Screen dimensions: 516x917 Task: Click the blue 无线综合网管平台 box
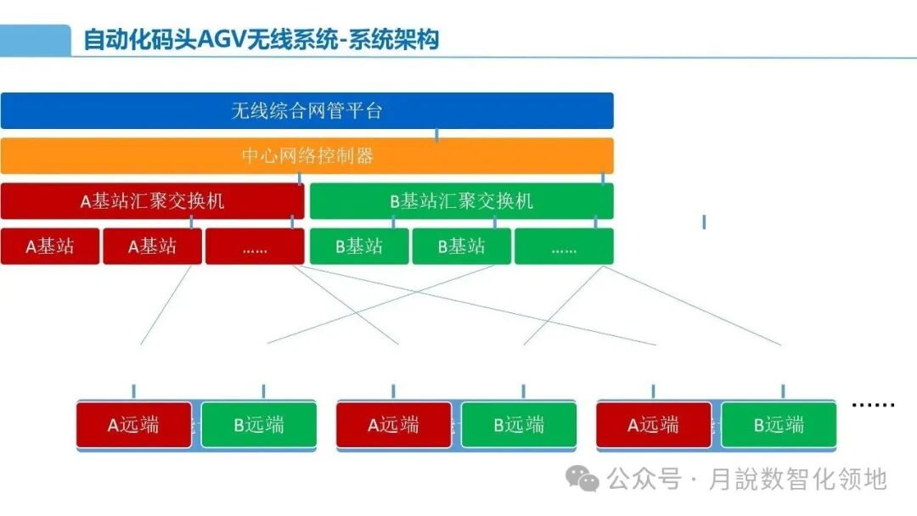click(307, 110)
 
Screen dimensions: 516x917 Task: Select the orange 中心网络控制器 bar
click(307, 156)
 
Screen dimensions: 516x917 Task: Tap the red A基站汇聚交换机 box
click(152, 201)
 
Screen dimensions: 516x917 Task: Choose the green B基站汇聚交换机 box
click(461, 201)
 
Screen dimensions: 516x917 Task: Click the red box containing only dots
click(255, 247)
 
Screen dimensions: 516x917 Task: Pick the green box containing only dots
click(564, 247)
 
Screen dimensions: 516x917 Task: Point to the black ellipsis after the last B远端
click(873, 405)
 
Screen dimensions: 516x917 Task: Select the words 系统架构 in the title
click(401, 40)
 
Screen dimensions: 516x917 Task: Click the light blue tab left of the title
click(35, 40)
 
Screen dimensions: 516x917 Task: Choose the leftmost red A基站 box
click(49, 247)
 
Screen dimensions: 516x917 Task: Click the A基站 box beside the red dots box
click(152, 247)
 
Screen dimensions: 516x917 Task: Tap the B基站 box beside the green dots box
click(461, 247)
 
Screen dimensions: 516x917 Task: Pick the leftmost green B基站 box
click(358, 247)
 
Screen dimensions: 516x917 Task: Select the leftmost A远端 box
click(133, 425)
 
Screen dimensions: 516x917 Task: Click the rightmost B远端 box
click(779, 425)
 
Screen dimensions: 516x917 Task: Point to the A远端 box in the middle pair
click(393, 425)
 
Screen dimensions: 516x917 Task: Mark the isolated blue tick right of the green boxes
click(704, 222)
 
